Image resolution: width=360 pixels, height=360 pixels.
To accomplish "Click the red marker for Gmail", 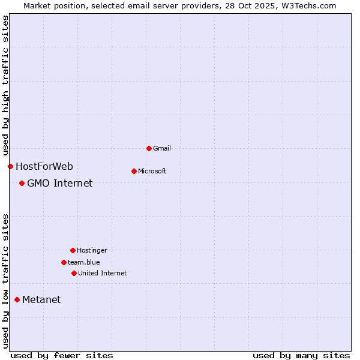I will [x=149, y=148].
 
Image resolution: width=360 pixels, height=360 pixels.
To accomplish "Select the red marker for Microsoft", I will [x=134, y=171].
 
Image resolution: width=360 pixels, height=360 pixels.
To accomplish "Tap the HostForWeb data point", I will [x=10, y=166].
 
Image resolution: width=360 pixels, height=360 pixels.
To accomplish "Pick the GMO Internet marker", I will [x=22, y=183].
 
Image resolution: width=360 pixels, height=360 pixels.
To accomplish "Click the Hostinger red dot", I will [x=73, y=250].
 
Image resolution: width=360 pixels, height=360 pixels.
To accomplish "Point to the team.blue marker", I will [x=64, y=262].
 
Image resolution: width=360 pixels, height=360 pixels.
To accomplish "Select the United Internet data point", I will [x=74, y=273].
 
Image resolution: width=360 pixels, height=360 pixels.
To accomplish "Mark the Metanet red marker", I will [x=17, y=299].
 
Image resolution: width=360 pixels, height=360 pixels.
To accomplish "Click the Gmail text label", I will [x=162, y=148].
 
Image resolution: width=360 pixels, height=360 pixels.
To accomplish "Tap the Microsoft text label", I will [x=152, y=171].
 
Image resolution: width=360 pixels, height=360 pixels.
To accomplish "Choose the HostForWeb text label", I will [x=44, y=166].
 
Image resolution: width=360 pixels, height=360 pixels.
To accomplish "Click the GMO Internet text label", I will [x=60, y=183].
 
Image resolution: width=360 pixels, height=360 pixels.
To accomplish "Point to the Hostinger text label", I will [x=92, y=250].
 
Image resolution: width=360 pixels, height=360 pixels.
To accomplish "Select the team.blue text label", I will [x=84, y=262].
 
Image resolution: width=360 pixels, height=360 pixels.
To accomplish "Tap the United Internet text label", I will [x=103, y=273].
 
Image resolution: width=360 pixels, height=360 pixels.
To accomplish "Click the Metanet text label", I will [x=41, y=299].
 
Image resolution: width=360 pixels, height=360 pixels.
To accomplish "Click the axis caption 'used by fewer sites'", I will [x=62, y=355].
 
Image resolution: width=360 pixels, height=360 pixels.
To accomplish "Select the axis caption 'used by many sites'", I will [x=301, y=355].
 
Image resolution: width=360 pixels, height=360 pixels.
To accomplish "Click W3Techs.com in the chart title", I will [x=308, y=5].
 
